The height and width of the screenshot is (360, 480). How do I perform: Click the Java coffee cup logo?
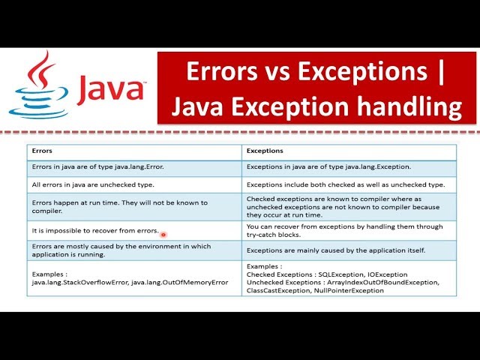[x=31, y=86]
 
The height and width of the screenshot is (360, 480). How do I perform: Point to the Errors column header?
[x=43, y=151]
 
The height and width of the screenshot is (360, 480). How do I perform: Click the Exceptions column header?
[x=265, y=151]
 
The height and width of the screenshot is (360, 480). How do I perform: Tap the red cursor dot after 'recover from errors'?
[x=163, y=234]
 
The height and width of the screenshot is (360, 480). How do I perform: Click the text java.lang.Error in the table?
[x=137, y=166]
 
